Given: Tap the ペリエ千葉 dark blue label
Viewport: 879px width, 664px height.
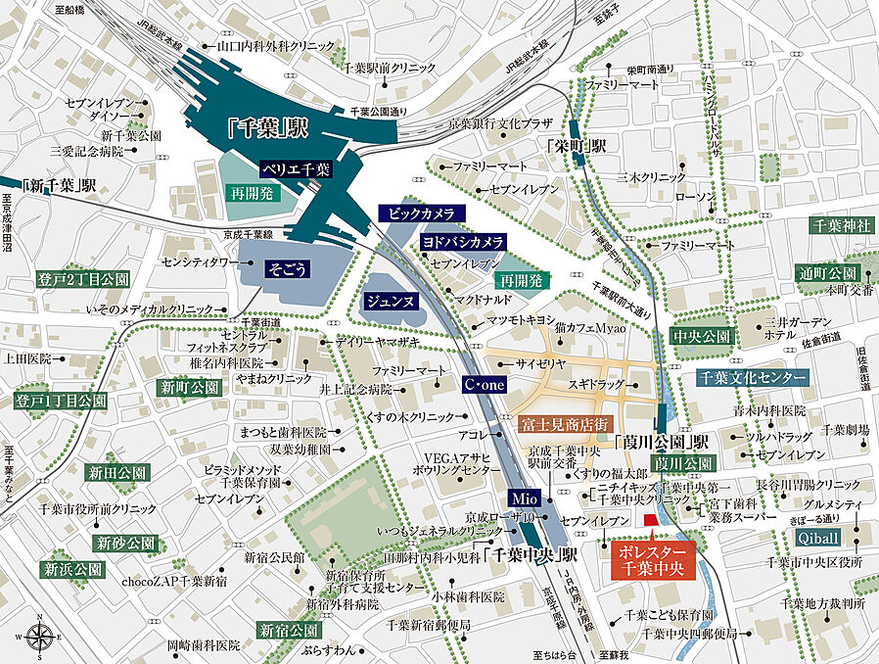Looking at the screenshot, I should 298,168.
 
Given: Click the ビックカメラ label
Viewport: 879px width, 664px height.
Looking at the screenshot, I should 421,213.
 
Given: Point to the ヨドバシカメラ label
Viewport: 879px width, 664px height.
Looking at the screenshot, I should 463,241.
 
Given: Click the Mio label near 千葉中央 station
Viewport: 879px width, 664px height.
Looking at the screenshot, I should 524,498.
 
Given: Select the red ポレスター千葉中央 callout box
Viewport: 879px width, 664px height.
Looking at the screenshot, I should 653,562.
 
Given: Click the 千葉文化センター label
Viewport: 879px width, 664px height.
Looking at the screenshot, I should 753,377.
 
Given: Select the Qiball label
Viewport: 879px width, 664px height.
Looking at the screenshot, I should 817,538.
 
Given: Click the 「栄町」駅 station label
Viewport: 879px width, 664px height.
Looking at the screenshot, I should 578,145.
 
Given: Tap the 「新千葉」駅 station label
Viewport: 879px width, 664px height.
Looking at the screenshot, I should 60,185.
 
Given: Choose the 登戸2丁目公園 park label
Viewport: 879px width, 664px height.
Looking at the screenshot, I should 82,279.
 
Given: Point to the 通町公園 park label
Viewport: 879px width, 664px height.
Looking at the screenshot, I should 827,272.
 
